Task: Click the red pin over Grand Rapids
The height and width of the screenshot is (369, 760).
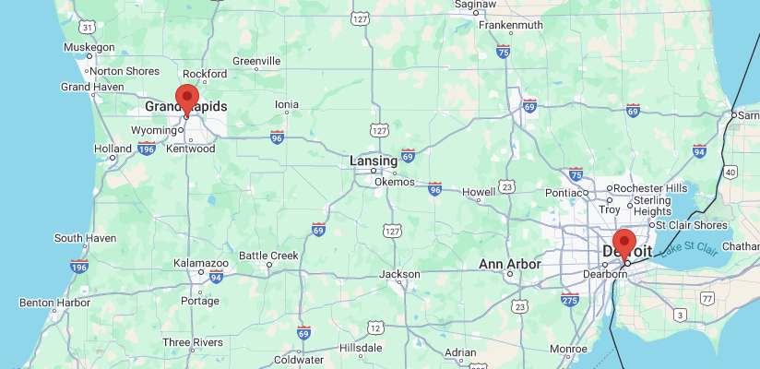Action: click(187, 99)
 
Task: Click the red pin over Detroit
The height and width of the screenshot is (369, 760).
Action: click(624, 244)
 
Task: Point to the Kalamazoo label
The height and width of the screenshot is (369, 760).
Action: click(201, 264)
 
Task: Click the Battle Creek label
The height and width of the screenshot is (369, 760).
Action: click(268, 256)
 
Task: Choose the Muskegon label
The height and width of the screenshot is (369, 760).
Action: click(89, 47)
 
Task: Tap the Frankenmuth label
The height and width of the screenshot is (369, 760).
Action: click(509, 25)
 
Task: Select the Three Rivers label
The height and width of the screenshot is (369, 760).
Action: click(193, 342)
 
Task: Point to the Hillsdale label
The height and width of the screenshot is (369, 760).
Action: click(361, 348)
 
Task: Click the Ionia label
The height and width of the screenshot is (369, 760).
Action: click(287, 104)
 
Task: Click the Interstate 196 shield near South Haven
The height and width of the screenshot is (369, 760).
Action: click(78, 267)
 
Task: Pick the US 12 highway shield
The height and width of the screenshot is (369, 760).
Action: click(374, 327)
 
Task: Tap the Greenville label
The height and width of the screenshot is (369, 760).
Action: click(255, 61)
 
